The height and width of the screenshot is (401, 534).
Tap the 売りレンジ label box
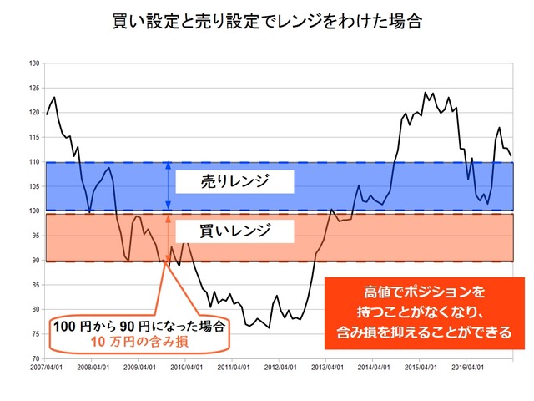pos(236,181)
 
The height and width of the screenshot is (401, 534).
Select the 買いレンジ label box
pos(236,229)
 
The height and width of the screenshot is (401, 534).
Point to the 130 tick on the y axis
pos(34,63)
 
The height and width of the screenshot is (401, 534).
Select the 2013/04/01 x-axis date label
pos(329,367)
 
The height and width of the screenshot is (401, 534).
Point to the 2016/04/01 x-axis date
pos(470,367)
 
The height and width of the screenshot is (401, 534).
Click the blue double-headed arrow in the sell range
pos(169,185)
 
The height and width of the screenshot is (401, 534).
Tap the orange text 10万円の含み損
pos(139,341)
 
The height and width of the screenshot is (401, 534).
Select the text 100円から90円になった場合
pos(139,327)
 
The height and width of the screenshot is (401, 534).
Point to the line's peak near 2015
pos(426,93)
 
